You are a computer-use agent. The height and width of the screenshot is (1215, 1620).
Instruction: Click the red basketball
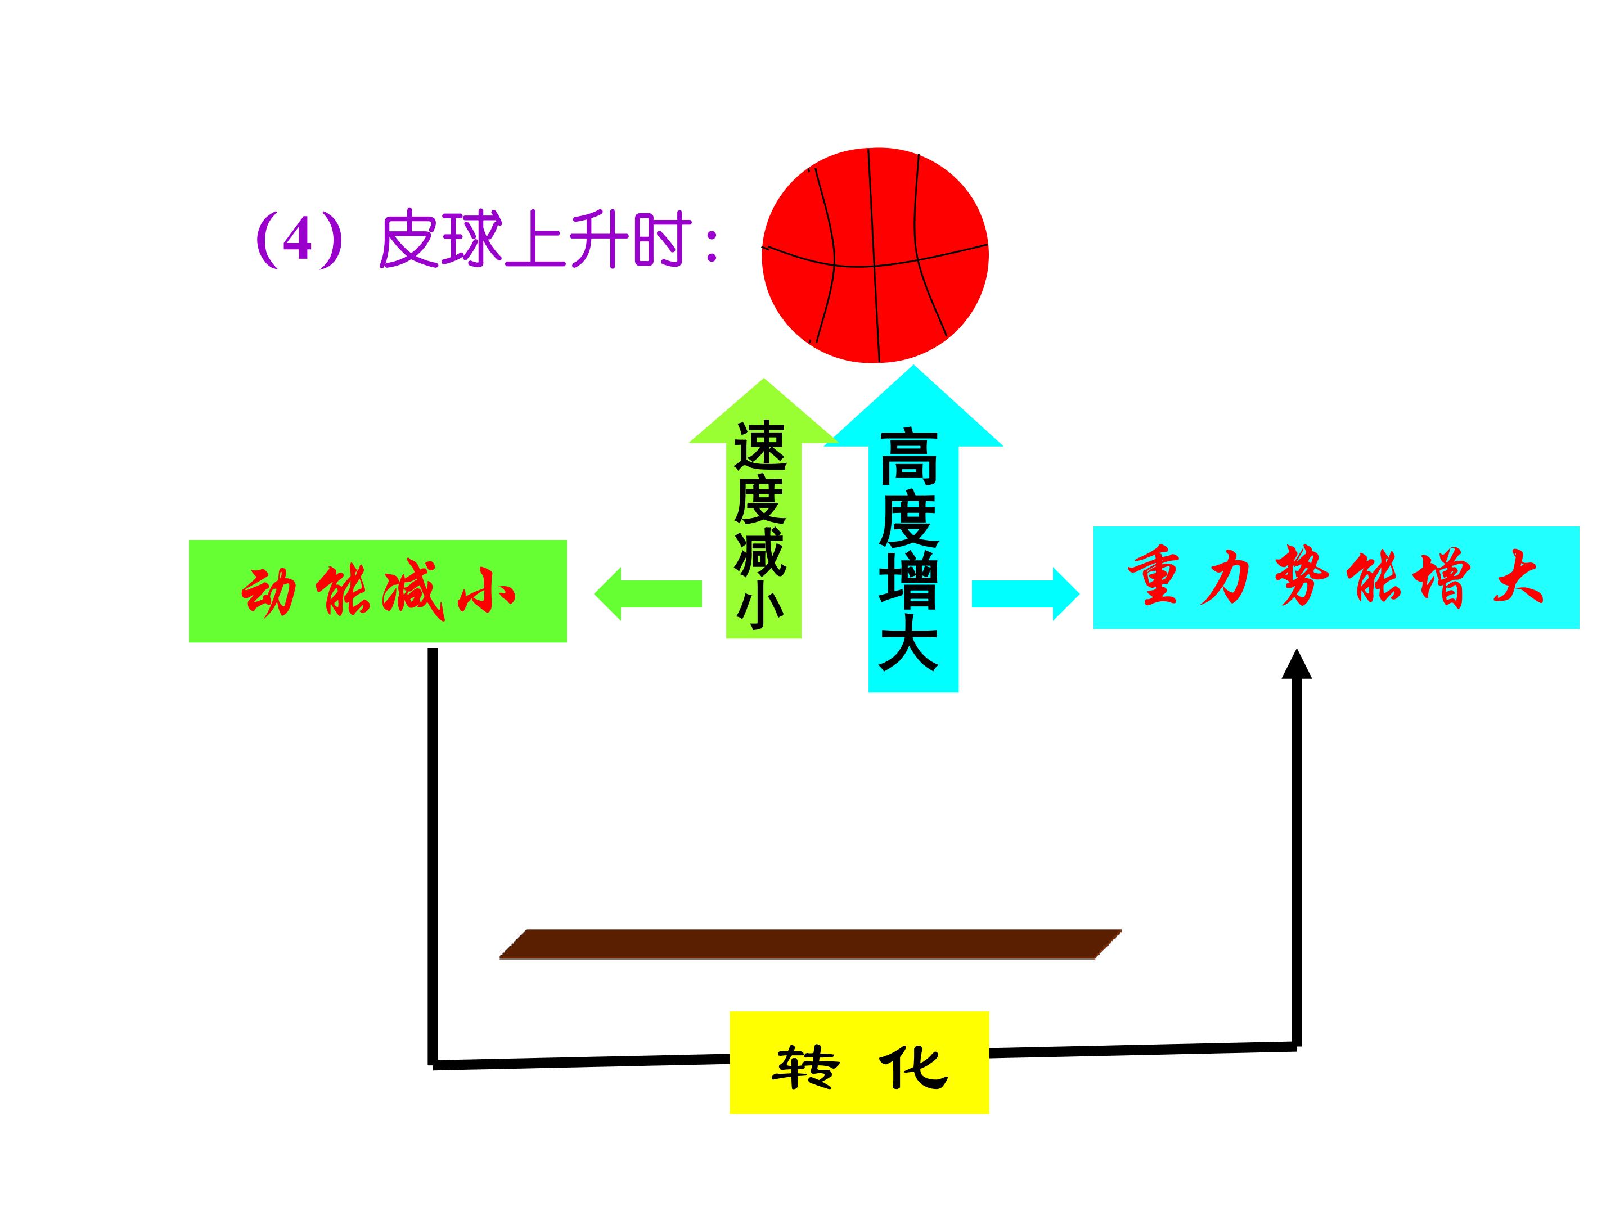click(875, 255)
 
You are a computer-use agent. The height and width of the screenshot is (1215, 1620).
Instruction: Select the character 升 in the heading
click(598, 240)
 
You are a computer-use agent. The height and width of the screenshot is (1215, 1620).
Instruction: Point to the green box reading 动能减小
click(378, 591)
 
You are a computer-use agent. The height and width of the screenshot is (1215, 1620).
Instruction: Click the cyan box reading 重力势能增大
click(1336, 577)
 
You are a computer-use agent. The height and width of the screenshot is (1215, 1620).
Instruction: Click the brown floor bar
click(811, 944)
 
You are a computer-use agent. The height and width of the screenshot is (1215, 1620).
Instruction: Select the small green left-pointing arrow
click(648, 594)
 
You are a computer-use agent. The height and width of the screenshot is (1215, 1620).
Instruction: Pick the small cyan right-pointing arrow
click(1026, 594)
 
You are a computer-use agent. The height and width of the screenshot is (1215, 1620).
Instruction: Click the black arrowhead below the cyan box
click(1297, 664)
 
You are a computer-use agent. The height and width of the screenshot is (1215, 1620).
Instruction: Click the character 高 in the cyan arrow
click(910, 458)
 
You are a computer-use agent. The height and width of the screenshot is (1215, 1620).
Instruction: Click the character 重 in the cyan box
click(1154, 577)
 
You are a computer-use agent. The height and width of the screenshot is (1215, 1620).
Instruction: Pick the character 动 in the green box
click(269, 591)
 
